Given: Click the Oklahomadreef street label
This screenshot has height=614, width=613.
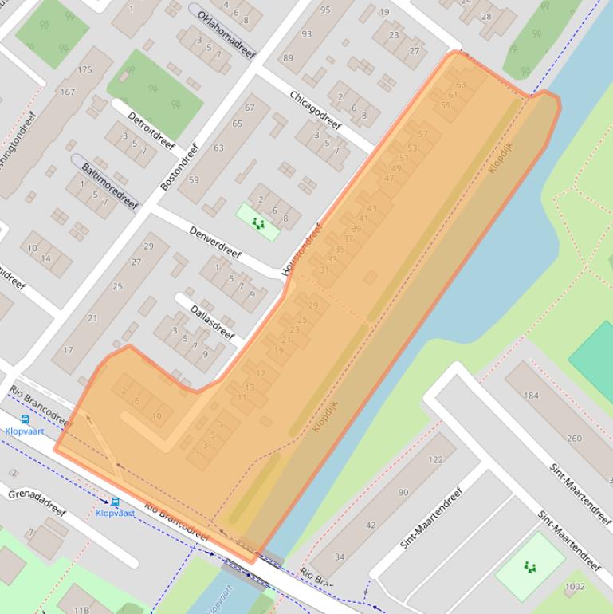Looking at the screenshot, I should (x=226, y=34).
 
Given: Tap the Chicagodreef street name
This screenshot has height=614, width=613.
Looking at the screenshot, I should (x=315, y=110).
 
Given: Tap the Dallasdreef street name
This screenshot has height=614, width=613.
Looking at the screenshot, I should (x=212, y=321).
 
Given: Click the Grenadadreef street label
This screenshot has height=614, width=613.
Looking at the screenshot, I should (x=37, y=505).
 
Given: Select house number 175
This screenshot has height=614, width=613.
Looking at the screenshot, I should (x=85, y=70).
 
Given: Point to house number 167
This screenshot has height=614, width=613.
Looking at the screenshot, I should (x=67, y=92).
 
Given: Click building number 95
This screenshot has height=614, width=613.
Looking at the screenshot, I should (x=324, y=10).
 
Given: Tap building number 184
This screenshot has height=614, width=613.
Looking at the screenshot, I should (x=531, y=395).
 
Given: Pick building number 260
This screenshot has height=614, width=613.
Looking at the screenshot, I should (x=574, y=438).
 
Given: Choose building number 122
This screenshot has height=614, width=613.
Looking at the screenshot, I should (x=435, y=459).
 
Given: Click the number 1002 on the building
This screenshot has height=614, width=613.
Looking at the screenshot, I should (x=574, y=587).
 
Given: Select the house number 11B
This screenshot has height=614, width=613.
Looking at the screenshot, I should (x=81, y=609).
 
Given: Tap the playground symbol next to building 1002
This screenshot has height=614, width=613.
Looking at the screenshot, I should (x=530, y=567).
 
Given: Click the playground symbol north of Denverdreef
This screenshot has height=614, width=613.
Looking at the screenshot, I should (x=257, y=223).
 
